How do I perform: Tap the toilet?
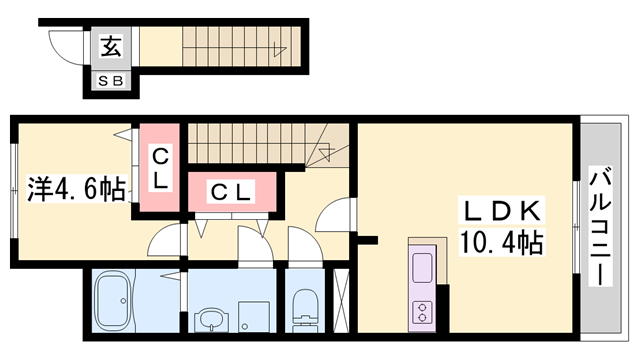[x=304, y=310]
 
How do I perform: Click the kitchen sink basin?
[x=422, y=267]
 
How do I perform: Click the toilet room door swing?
[x=302, y=242]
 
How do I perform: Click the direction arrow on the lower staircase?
[x=327, y=152]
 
